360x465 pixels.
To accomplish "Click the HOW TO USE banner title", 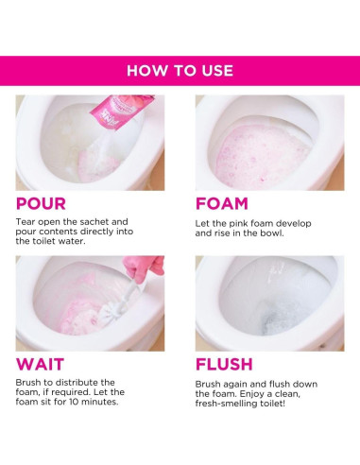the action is (180, 71).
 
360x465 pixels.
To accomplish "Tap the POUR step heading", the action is (41, 203).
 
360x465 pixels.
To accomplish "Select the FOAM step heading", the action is (222, 203).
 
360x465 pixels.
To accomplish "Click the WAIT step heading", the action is (40, 364).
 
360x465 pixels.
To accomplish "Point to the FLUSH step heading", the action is (224, 364).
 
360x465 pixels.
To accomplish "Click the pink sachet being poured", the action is (121, 111).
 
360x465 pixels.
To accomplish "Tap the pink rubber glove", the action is (145, 267).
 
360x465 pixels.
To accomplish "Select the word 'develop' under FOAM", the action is (295, 224).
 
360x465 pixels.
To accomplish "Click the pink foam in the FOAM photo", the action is (262, 155).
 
